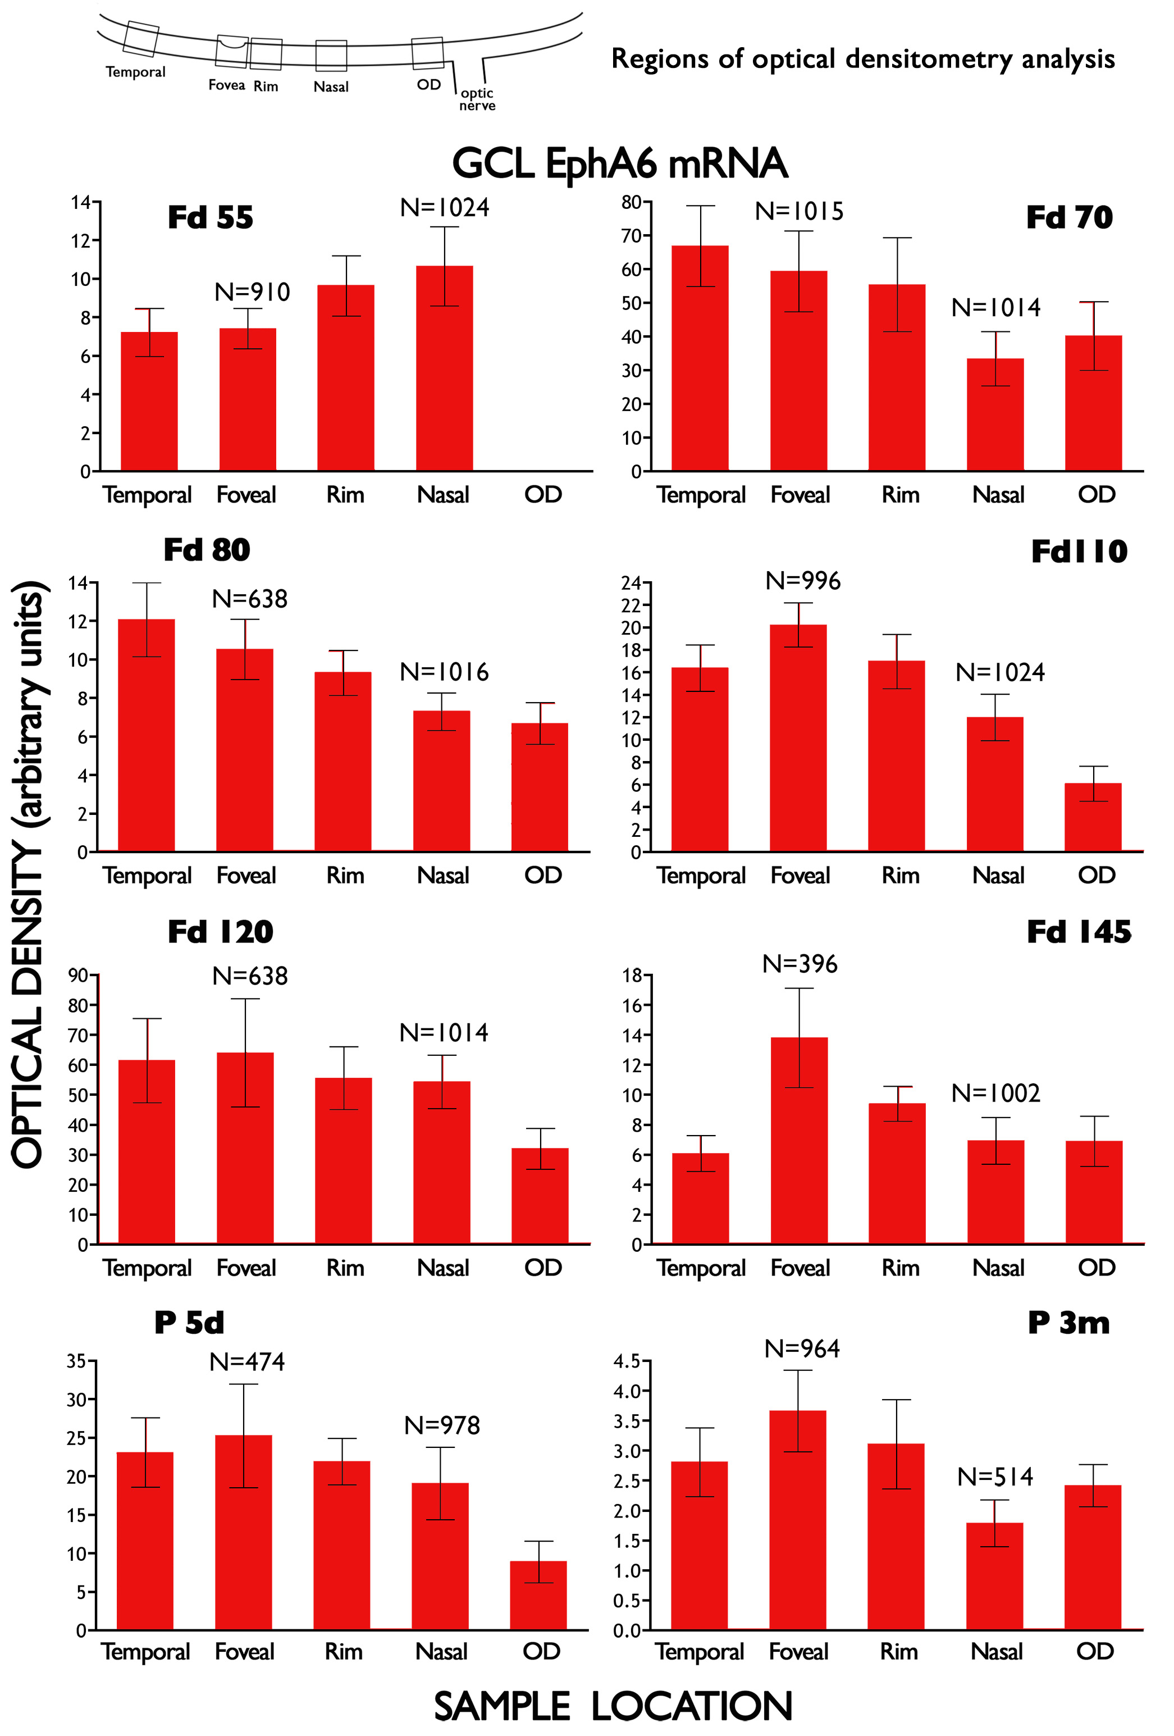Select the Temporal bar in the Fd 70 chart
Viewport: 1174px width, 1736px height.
(x=700, y=358)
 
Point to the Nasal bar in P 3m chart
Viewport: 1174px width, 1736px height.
(x=995, y=1576)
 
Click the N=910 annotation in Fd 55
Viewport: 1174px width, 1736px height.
(x=253, y=292)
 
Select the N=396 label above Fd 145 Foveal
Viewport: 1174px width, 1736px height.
(x=800, y=964)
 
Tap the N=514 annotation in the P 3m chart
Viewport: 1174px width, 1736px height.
(x=995, y=1477)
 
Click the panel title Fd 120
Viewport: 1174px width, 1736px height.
(x=220, y=932)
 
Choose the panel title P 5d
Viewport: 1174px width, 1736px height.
(x=189, y=1323)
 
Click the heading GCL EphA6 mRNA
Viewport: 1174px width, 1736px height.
(x=620, y=163)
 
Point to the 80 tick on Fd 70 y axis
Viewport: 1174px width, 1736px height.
(x=631, y=202)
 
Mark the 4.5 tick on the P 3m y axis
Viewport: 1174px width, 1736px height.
(x=627, y=1361)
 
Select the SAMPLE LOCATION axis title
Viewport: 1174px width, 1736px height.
(x=613, y=1706)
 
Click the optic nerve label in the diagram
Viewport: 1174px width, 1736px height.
(x=477, y=99)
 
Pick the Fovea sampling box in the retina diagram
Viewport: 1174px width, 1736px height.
(x=231, y=51)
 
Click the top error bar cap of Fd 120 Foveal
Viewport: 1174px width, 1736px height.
(x=245, y=999)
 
